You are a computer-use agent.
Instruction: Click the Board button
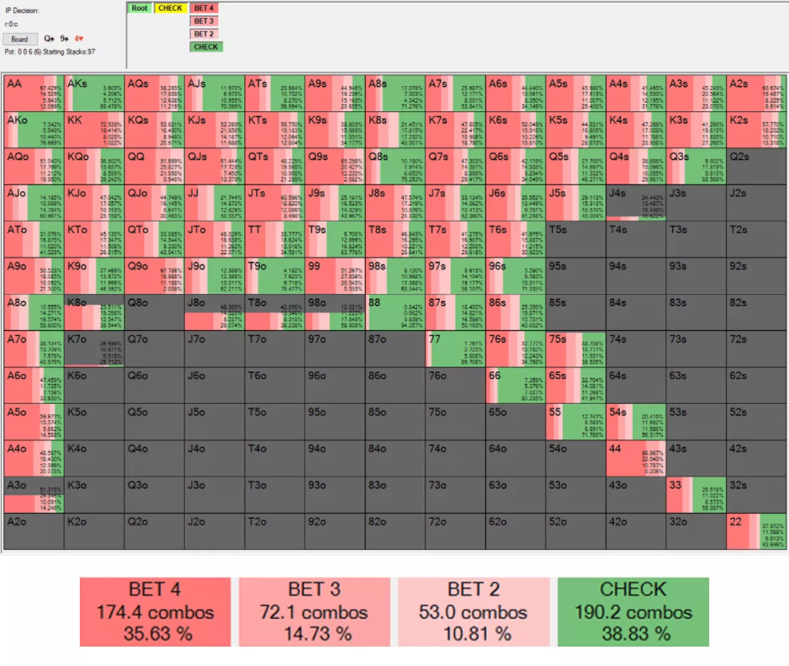coord(19,39)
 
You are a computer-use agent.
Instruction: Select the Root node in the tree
coord(140,8)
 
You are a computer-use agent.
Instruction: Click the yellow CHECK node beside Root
coord(170,8)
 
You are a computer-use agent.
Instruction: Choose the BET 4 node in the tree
coord(204,8)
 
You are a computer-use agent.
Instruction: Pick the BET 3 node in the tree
coord(204,21)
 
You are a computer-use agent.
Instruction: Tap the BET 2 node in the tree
coord(204,34)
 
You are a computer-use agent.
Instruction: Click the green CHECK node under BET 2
coord(206,47)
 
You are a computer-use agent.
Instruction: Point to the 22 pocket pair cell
coord(756,531)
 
